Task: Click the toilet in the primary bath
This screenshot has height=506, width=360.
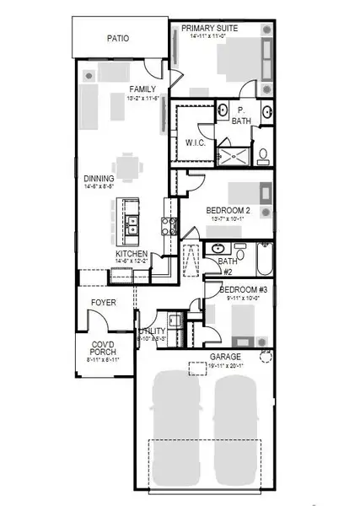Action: click(x=262, y=154)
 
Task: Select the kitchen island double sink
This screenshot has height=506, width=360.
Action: click(x=133, y=223)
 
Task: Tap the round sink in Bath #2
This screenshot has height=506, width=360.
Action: click(x=218, y=249)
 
